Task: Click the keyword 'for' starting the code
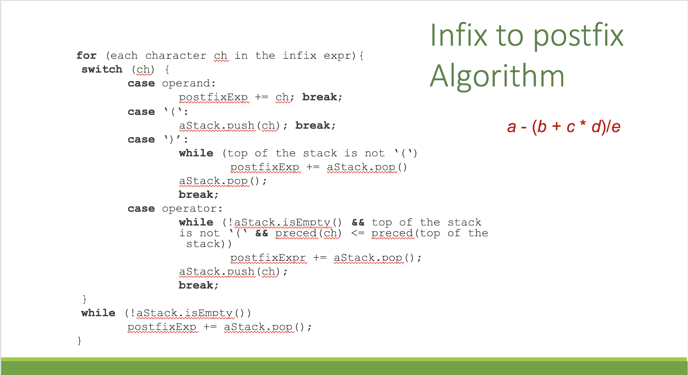click(x=86, y=56)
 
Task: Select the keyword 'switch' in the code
click(x=102, y=70)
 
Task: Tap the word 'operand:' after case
click(x=189, y=84)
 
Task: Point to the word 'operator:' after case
click(x=192, y=209)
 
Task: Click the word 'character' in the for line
click(x=175, y=56)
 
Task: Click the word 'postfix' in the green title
click(x=578, y=35)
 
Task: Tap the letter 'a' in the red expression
click(x=511, y=127)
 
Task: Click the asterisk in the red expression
click(x=583, y=124)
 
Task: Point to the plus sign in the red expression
click(x=556, y=126)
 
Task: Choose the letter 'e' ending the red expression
click(x=616, y=127)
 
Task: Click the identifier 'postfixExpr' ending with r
click(x=268, y=258)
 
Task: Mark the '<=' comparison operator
click(x=358, y=233)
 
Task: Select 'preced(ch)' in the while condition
click(x=308, y=233)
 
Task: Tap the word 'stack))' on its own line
click(x=209, y=244)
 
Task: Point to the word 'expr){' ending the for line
click(x=344, y=56)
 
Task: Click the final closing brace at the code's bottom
click(x=79, y=341)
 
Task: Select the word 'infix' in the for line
click(x=299, y=56)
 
